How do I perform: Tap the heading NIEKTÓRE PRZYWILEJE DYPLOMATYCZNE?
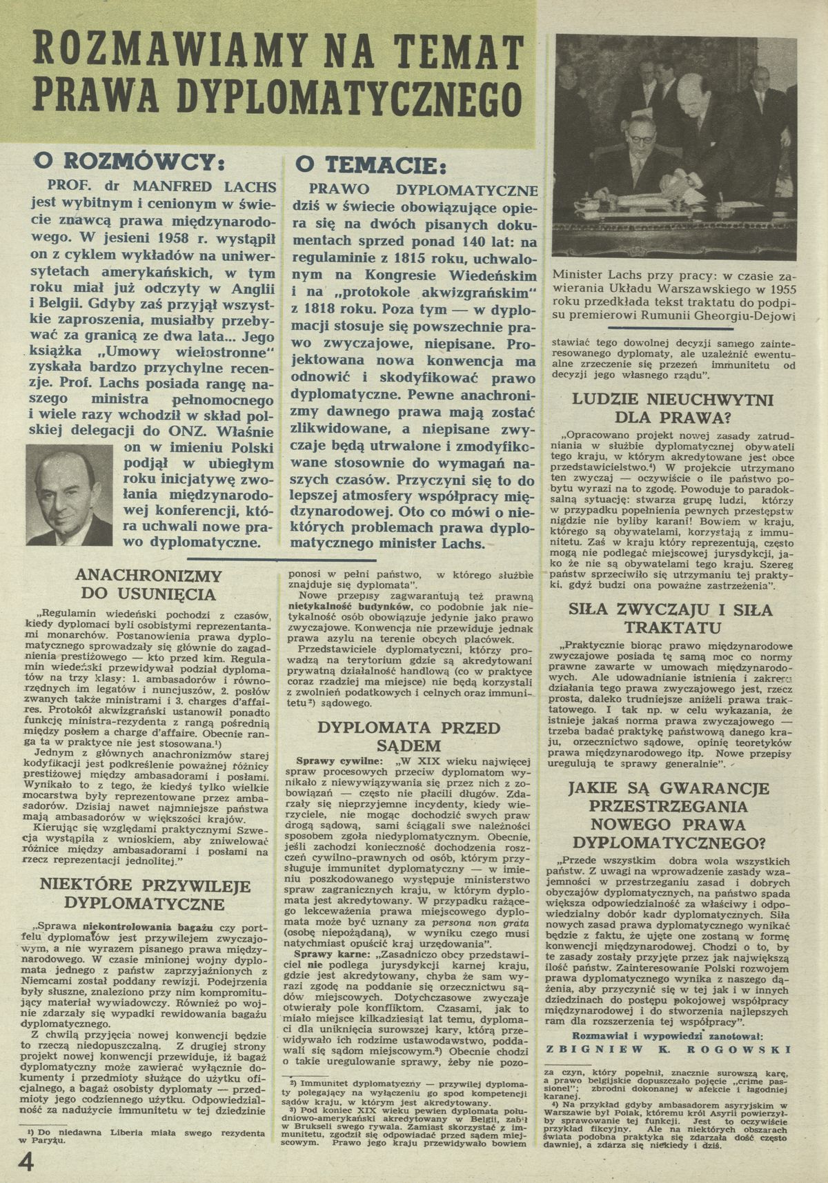(x=144, y=894)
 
